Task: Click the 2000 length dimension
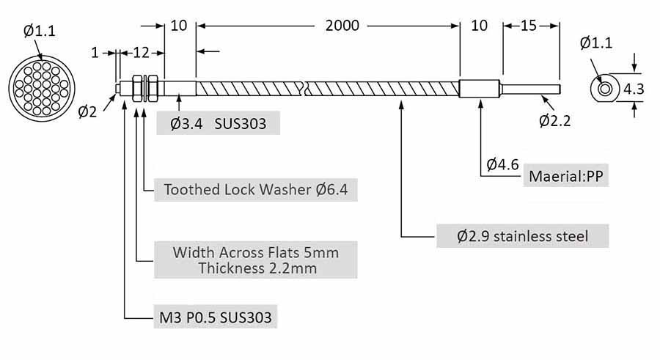click(342, 26)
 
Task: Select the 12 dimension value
click(141, 52)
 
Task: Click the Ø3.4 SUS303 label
click(219, 122)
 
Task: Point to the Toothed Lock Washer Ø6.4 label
click(255, 190)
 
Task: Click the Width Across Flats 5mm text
click(255, 252)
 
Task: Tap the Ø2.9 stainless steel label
click(522, 236)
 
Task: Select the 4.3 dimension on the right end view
click(634, 89)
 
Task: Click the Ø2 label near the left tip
click(87, 111)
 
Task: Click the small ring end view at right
click(605, 89)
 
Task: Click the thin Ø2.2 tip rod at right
click(531, 89)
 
